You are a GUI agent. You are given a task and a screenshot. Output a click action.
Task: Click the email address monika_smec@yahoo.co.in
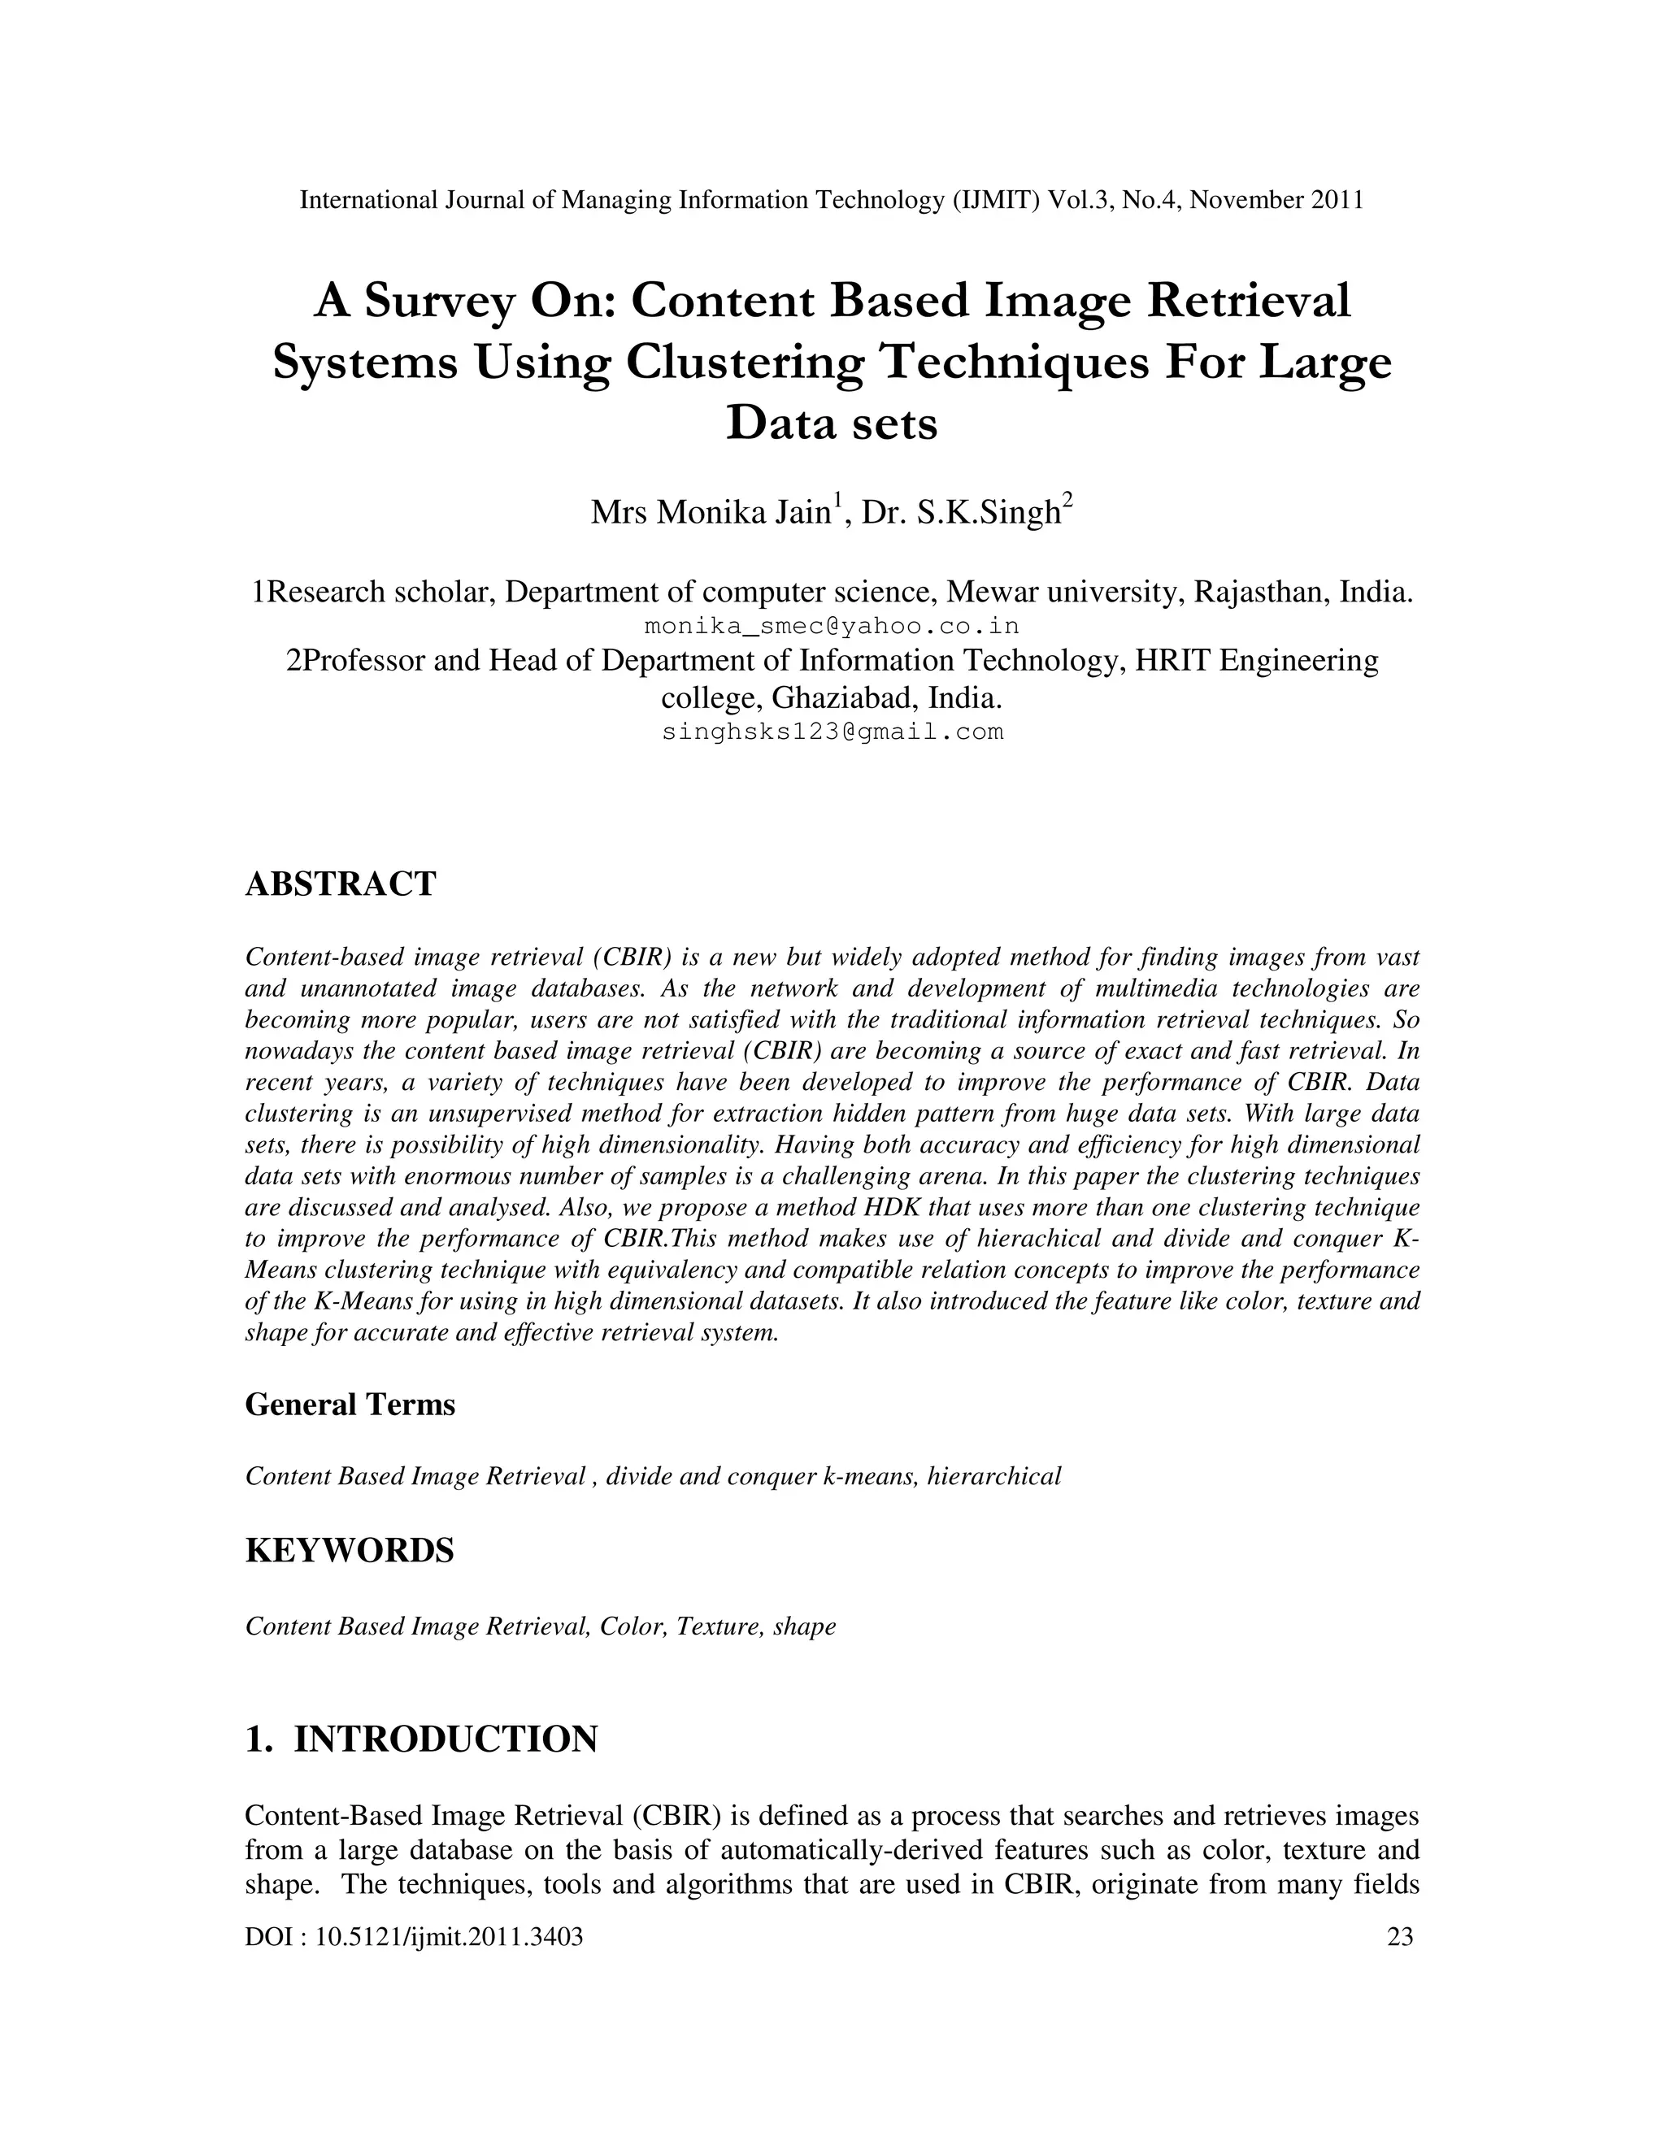point(832,626)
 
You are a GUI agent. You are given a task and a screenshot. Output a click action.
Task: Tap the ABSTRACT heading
point(341,884)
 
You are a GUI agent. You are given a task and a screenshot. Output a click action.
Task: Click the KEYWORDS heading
point(349,1550)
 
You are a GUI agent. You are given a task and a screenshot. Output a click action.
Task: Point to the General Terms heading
point(350,1405)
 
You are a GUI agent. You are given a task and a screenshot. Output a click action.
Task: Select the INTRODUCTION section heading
point(446,1739)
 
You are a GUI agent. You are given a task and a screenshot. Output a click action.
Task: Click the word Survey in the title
point(439,302)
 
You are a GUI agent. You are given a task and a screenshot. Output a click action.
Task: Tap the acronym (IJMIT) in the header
point(996,200)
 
